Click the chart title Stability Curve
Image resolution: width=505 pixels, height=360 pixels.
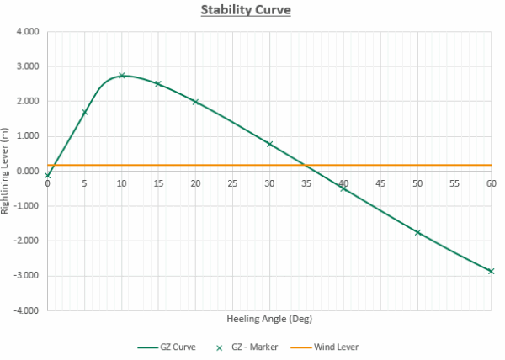coord(252,11)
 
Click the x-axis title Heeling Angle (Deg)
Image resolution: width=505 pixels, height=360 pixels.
coord(269,320)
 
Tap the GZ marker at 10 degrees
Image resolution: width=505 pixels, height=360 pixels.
coord(122,76)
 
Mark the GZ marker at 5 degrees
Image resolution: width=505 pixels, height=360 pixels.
coord(85,112)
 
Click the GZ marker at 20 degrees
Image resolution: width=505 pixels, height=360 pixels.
coord(196,102)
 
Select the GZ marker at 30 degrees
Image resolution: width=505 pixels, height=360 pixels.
coord(269,144)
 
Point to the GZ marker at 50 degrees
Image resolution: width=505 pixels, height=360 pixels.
coord(417,232)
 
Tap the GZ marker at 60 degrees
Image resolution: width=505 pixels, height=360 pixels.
coord(492,271)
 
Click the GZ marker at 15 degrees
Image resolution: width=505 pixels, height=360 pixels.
coord(158,84)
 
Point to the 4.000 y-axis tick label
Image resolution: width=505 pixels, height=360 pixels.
coord(28,32)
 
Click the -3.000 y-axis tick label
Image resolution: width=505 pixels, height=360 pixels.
coord(26,276)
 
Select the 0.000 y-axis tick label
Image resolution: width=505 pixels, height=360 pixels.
coord(28,172)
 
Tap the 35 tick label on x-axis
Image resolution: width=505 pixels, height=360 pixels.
coord(306,183)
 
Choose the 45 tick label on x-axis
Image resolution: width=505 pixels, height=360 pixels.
coord(380,183)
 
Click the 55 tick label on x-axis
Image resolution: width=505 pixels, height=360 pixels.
coord(454,183)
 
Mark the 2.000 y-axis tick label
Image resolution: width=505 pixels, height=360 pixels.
coord(28,102)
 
